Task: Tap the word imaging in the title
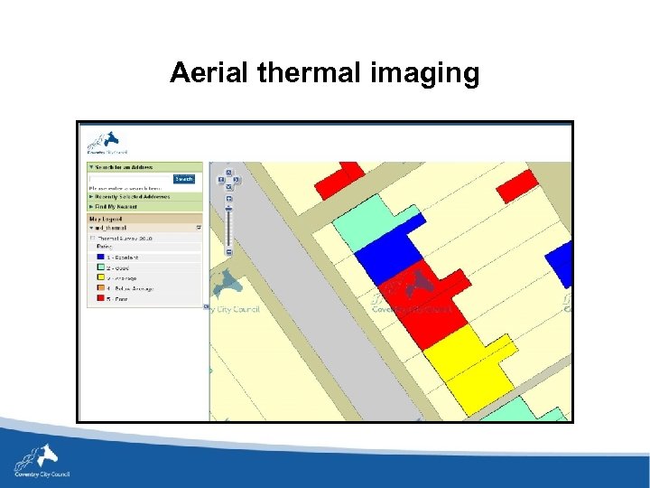click(x=425, y=74)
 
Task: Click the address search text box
click(x=128, y=179)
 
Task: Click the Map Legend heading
click(x=106, y=219)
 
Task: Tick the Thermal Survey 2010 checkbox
click(x=92, y=239)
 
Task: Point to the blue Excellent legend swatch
click(x=99, y=258)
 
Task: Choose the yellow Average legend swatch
click(x=99, y=278)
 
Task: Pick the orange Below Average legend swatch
click(x=99, y=288)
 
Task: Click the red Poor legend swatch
click(x=99, y=298)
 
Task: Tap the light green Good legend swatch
click(x=99, y=268)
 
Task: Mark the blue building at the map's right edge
click(x=562, y=263)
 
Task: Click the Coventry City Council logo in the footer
click(x=41, y=461)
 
